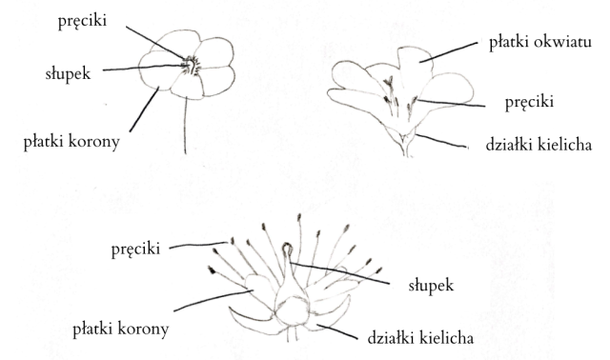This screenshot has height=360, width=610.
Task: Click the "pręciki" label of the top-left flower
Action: pos(82,21)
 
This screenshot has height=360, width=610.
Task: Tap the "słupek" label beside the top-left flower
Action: pos(68,73)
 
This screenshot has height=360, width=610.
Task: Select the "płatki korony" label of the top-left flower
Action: pos(71,142)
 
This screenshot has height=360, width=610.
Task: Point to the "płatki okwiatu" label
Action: pos(540,42)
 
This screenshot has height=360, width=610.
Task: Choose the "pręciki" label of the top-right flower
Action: pos(529,102)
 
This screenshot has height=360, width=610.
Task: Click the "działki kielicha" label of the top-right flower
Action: pos(539,145)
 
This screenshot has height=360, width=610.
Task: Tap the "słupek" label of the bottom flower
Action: pos(431,286)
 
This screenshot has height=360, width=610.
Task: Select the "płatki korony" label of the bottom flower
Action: pos(121,330)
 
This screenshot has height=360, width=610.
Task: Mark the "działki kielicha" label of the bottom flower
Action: pos(420,338)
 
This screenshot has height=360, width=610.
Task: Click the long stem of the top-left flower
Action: pos(186,125)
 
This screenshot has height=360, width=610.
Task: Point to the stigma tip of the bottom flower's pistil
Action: pos(287,248)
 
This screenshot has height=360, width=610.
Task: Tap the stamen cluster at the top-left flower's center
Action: pos(191,65)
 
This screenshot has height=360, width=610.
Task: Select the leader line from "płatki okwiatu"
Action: pos(449,52)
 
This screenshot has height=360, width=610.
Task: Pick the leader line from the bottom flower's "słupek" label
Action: pos(339,273)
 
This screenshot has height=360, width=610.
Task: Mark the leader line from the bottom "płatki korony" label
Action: pos(213,301)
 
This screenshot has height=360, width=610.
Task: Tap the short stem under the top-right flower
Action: pos(407,148)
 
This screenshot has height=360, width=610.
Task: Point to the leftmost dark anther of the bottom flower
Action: pos(212,270)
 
